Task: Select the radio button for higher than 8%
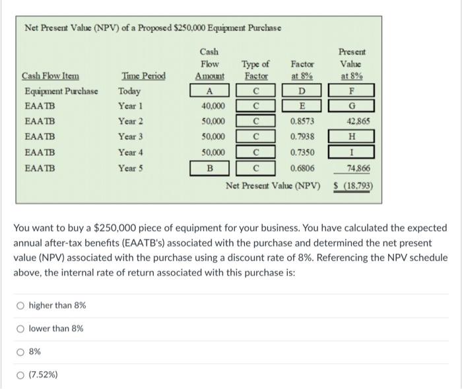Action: (x=22, y=305)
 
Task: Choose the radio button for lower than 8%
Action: (x=22, y=328)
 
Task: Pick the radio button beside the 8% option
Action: (x=22, y=351)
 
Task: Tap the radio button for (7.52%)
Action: (x=22, y=374)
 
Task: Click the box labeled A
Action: (x=209, y=91)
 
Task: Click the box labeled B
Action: (x=209, y=167)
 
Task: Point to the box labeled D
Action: (x=302, y=91)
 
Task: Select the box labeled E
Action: (x=302, y=106)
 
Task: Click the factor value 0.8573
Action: (x=302, y=121)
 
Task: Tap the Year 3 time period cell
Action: (x=131, y=136)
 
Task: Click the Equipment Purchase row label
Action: (x=61, y=91)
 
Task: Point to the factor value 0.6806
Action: (x=302, y=167)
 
